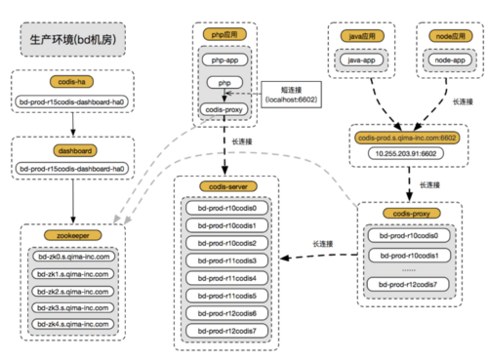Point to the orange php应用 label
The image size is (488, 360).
coord(222,34)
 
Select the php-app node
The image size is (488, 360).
coord(222,60)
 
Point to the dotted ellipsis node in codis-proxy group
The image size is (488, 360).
coord(409,268)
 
